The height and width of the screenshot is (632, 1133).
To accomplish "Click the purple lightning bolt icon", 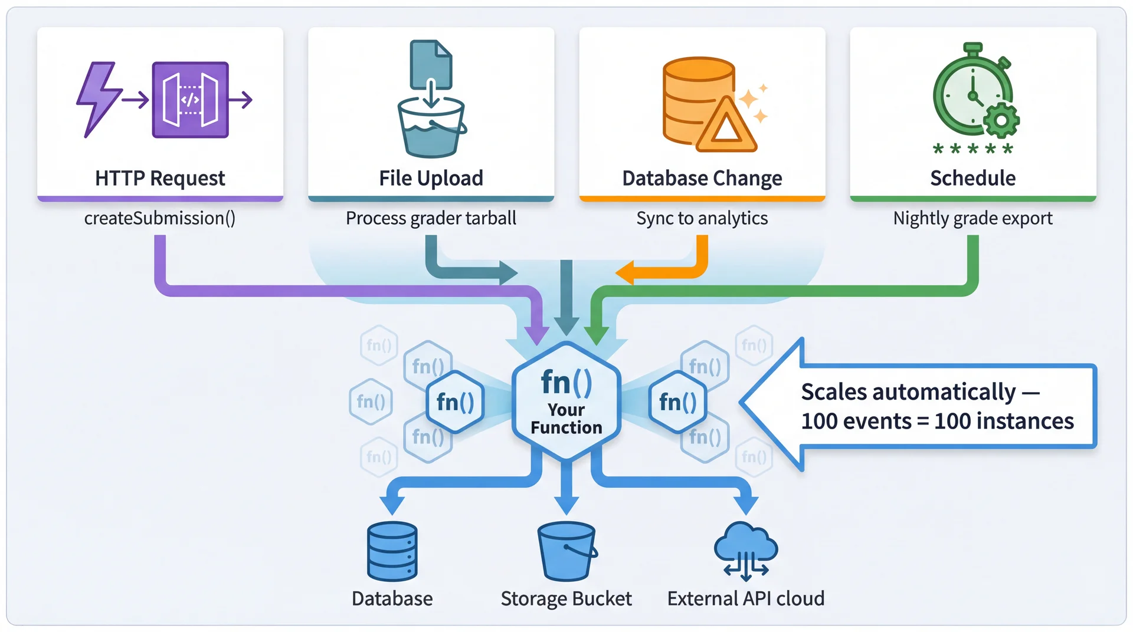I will point(98,98).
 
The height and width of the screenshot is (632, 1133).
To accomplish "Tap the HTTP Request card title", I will point(160,178).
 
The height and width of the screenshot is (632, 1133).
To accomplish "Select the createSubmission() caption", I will point(159,218).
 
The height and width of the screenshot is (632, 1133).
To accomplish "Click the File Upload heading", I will point(431,178).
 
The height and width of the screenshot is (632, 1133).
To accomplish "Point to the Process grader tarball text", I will point(431,218).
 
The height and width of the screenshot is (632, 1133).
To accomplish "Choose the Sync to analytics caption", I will point(702,218).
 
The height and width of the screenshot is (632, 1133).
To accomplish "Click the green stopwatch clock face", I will point(971,94).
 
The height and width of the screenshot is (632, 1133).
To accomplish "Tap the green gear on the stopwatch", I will point(1001,121).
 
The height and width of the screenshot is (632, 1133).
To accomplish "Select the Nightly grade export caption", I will point(972,218).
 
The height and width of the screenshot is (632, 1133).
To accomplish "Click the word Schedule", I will point(972,178).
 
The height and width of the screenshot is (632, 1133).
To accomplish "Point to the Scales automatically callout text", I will point(937,406).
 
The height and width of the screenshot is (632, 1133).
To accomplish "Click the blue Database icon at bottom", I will point(392,551).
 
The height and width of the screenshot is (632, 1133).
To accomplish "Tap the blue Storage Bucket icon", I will point(566,551).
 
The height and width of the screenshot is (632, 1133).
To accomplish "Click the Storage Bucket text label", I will point(566,598).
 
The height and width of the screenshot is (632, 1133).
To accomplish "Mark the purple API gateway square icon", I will point(190,100).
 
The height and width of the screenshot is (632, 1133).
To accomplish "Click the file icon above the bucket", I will point(431,62).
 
